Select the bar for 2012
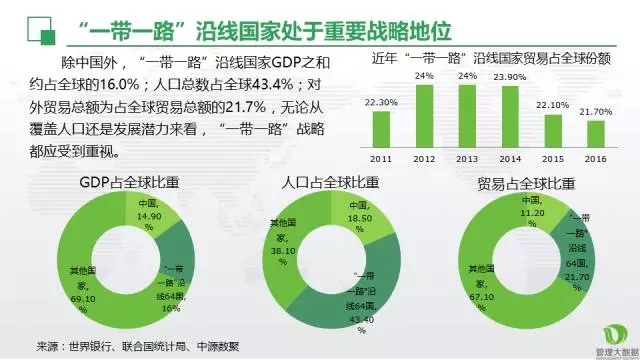coord(425,116)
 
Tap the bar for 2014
coord(510,117)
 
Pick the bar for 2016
coord(596,134)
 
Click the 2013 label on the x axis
coord(468,158)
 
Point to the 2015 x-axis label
coord(553,158)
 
